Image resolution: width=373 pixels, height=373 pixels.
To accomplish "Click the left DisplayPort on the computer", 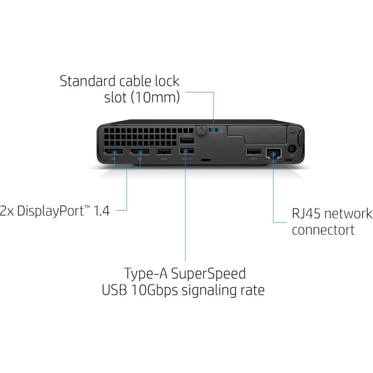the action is click(113, 152).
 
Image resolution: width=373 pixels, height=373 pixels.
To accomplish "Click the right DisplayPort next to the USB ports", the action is click(139, 152).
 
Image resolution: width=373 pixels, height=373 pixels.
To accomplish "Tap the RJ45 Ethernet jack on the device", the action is click(274, 153).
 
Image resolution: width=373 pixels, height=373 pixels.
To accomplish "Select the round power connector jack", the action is click(292, 149).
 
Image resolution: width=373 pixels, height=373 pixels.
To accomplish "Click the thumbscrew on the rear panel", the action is click(201, 131).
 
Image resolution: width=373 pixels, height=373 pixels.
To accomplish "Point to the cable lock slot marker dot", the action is click(213, 130).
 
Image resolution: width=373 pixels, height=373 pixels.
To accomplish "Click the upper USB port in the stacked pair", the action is click(187, 141).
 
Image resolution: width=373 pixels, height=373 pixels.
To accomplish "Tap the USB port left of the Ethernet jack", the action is click(254, 151).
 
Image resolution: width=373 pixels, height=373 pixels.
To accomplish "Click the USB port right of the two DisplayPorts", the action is click(164, 151).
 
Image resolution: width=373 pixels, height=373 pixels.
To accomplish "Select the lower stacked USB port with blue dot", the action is click(187, 151).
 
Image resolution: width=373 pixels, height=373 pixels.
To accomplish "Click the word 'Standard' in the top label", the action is click(87, 81).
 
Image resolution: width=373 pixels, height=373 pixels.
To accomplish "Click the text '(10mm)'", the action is click(155, 97).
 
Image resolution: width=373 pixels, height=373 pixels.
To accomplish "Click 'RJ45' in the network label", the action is click(306, 214).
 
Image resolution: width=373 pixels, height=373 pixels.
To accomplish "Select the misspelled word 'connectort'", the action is click(323, 230).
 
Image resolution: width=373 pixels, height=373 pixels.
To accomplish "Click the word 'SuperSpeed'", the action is click(208, 274).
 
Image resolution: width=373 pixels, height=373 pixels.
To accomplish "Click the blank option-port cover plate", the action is click(257, 135).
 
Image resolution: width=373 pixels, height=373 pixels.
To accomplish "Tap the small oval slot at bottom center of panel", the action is click(206, 160).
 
